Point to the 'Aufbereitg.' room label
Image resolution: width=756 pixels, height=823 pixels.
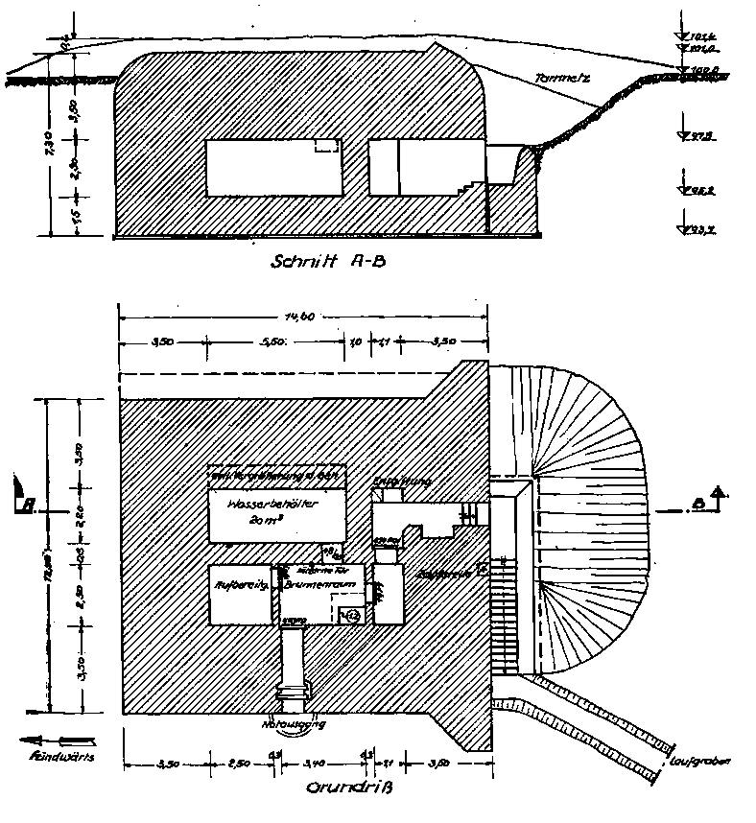click(240, 581)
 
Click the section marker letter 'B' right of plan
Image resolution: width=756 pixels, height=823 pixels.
click(698, 502)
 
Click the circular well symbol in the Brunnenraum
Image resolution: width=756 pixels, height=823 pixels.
click(350, 615)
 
